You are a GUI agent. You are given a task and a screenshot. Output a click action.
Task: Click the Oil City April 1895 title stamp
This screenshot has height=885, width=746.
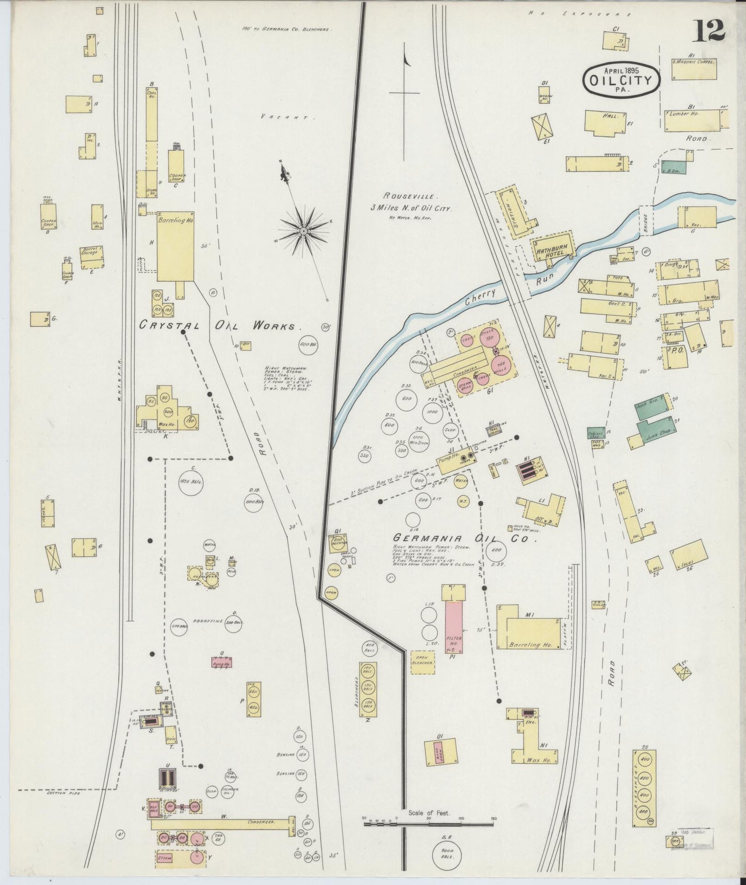coord(622,79)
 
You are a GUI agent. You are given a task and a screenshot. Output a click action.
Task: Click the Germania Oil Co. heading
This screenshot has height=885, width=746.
coord(464,538)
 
